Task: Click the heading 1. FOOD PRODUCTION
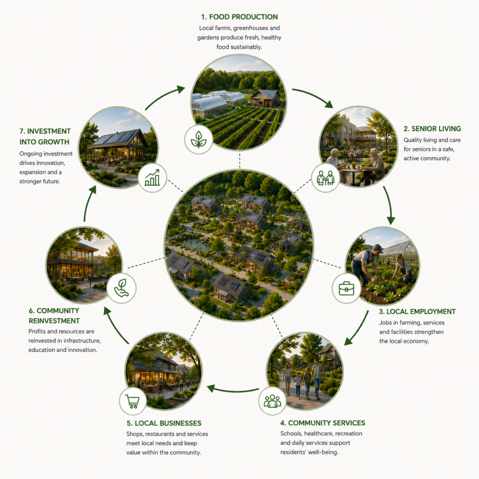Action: (239, 17)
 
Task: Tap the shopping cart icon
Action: (133, 401)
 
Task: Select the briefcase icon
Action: (347, 288)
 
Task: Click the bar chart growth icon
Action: (152, 178)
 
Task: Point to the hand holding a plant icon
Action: (121, 288)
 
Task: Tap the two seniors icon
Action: (326, 178)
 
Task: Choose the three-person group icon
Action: (272, 401)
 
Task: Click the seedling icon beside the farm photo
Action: (198, 139)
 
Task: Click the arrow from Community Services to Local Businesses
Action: (233, 390)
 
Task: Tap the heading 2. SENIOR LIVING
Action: (432, 129)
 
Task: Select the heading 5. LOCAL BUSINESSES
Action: (164, 423)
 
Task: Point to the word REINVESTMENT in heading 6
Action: (54, 321)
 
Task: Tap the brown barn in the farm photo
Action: (265, 98)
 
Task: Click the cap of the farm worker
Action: (378, 248)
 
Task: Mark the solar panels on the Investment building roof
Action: (114, 138)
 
